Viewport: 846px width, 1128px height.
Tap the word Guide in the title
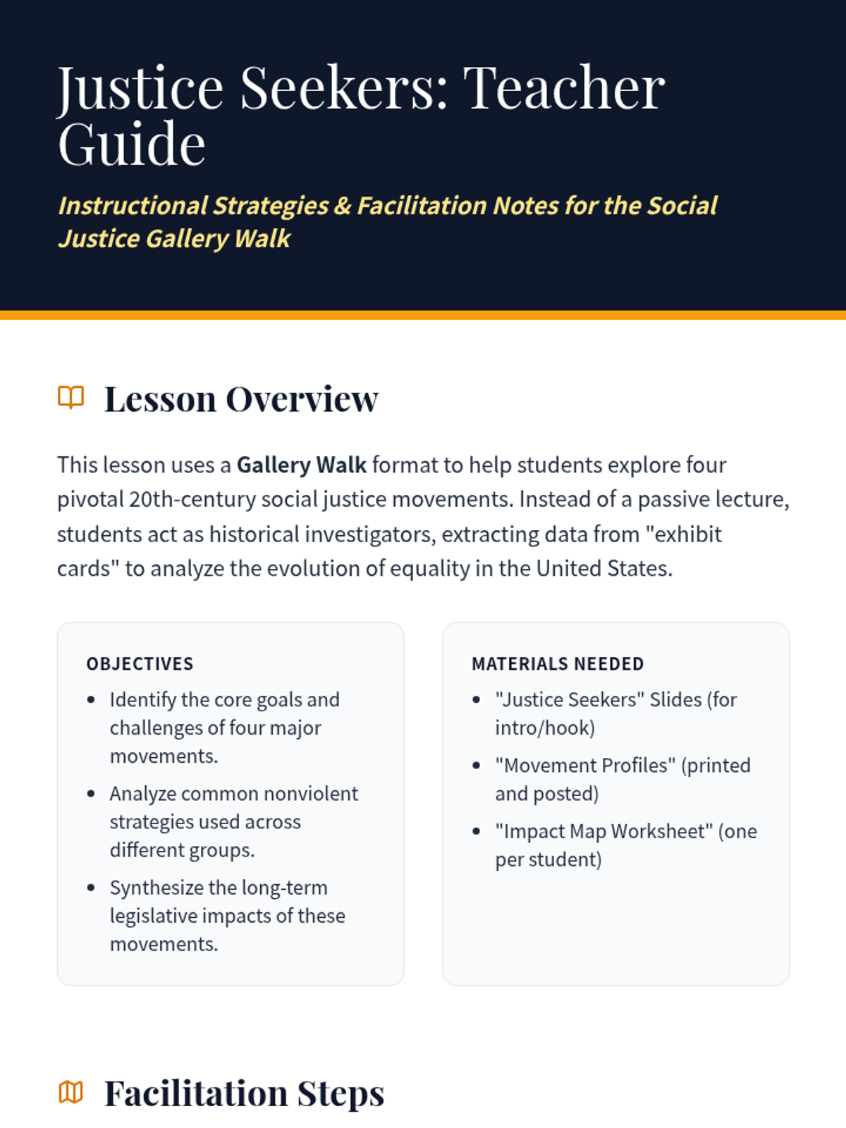132,145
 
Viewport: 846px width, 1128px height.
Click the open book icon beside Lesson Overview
70,398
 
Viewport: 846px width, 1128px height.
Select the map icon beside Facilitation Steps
70,1093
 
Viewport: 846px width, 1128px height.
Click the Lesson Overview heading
241,399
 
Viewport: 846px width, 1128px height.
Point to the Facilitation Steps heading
244,1093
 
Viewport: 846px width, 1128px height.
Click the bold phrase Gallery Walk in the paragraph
301,465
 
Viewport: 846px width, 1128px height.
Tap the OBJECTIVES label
140,664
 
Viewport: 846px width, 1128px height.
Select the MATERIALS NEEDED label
557,664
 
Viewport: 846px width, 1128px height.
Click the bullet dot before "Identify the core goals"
91,700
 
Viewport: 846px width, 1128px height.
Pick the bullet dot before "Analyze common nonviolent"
91,794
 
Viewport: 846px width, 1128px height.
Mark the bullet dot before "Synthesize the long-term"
91,888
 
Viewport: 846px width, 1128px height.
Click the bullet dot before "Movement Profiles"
477,766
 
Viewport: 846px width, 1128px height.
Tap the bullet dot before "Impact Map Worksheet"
477,831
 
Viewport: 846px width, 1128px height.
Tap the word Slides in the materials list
675,700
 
